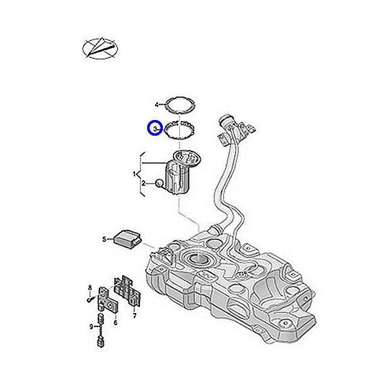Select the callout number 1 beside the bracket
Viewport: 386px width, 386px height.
136,174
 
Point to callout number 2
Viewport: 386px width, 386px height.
143,183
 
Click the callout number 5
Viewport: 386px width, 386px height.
104,239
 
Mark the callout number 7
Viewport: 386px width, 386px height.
134,315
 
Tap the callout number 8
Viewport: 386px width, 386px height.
90,286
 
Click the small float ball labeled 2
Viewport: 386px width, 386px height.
159,183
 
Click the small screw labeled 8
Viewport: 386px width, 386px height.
90,298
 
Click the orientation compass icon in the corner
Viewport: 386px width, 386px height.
98,48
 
